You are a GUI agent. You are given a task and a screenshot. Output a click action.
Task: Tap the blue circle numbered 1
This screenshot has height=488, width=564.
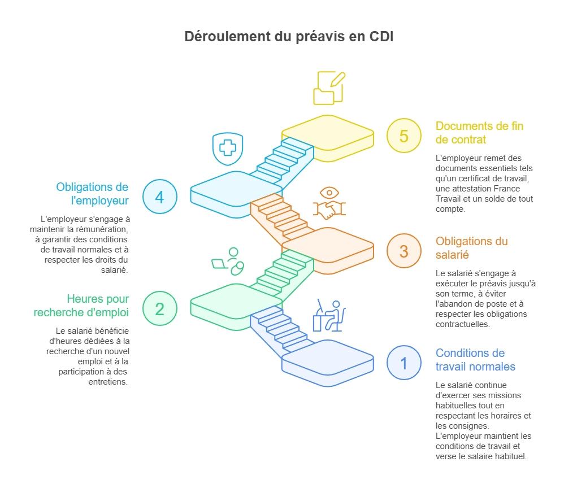[404, 363]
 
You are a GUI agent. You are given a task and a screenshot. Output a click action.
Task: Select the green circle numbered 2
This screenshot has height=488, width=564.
[159, 308]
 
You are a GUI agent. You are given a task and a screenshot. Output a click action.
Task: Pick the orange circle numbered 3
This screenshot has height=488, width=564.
[404, 251]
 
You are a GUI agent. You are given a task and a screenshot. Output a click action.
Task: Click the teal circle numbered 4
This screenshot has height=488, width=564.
[159, 197]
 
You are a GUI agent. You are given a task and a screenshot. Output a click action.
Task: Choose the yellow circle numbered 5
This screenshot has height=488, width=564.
[404, 136]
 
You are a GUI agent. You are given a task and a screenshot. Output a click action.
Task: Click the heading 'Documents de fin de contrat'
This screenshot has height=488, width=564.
[479, 133]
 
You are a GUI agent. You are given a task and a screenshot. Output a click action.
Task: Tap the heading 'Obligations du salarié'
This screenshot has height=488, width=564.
[471, 248]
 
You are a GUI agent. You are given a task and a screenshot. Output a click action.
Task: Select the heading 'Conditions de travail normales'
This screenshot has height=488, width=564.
[475, 360]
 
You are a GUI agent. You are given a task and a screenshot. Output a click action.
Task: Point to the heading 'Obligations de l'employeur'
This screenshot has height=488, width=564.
[92, 194]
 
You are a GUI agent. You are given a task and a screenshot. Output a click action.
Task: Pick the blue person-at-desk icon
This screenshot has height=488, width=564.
[329, 316]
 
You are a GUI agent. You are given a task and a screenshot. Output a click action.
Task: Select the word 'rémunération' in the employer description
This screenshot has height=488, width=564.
[102, 229]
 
